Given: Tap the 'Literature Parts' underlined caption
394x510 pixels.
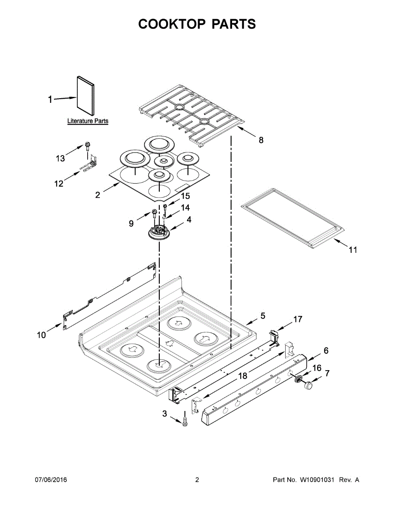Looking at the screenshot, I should [x=88, y=121].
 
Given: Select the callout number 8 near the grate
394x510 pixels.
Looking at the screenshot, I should [x=261, y=140].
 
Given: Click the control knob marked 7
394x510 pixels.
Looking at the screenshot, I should [x=307, y=385].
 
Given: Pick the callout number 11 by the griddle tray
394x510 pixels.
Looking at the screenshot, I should [x=353, y=250].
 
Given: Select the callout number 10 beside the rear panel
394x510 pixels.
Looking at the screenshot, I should [x=41, y=335].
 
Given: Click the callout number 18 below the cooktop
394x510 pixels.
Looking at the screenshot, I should [x=242, y=376].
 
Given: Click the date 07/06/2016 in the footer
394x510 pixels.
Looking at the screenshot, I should [x=51, y=480].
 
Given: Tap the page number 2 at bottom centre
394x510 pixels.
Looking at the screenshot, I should [x=197, y=480].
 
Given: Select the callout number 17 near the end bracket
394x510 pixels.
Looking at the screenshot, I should [x=298, y=319].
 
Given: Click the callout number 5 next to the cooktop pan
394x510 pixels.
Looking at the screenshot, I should [x=263, y=316].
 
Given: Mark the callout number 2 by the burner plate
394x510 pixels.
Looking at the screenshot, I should [x=98, y=195].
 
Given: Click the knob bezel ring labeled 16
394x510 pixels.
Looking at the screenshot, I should [x=297, y=378].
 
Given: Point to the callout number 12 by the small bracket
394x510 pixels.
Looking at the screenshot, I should [x=59, y=184].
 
